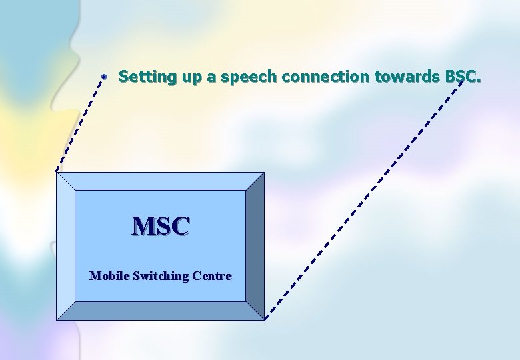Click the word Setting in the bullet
(142, 77)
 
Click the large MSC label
(161, 227)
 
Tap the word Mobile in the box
(109, 275)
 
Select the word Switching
(161, 275)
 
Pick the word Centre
(211, 275)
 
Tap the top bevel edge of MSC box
(160, 181)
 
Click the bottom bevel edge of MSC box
(160, 311)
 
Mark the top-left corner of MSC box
(57, 173)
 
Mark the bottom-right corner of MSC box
(263, 319)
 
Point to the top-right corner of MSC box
(263, 173)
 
